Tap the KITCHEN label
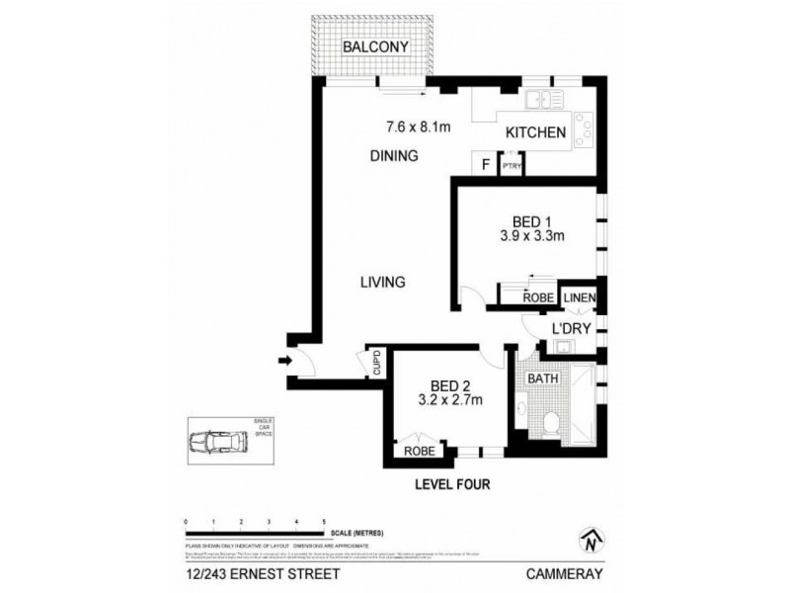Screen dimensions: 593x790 coord(536,132)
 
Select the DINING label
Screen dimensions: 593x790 coord(395,155)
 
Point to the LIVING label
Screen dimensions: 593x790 coord(383,282)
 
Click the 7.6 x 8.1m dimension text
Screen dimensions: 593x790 coord(418,126)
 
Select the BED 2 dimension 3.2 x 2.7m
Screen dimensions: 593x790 coord(447,401)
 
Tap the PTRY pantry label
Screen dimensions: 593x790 coord(512,167)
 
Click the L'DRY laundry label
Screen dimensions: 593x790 coord(571,331)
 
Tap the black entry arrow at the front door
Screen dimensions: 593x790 coord(285,362)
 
